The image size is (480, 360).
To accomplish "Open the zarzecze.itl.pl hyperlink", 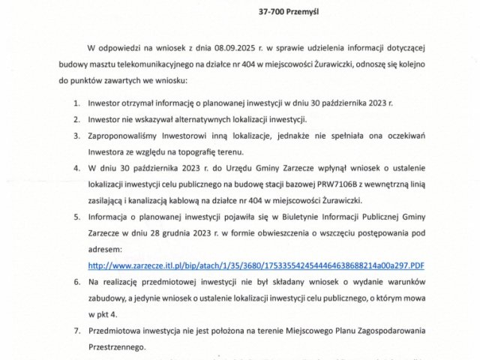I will click(x=256, y=265).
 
